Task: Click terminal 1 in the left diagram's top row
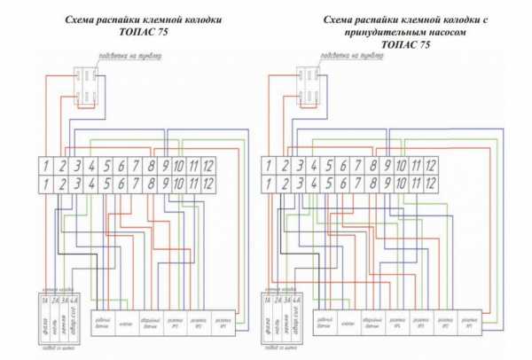coord(48,165)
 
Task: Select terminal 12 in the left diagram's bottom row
coord(209,184)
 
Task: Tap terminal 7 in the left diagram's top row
coord(136,165)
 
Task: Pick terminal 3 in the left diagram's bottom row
coord(77,184)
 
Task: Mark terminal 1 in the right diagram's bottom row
coord(269,184)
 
